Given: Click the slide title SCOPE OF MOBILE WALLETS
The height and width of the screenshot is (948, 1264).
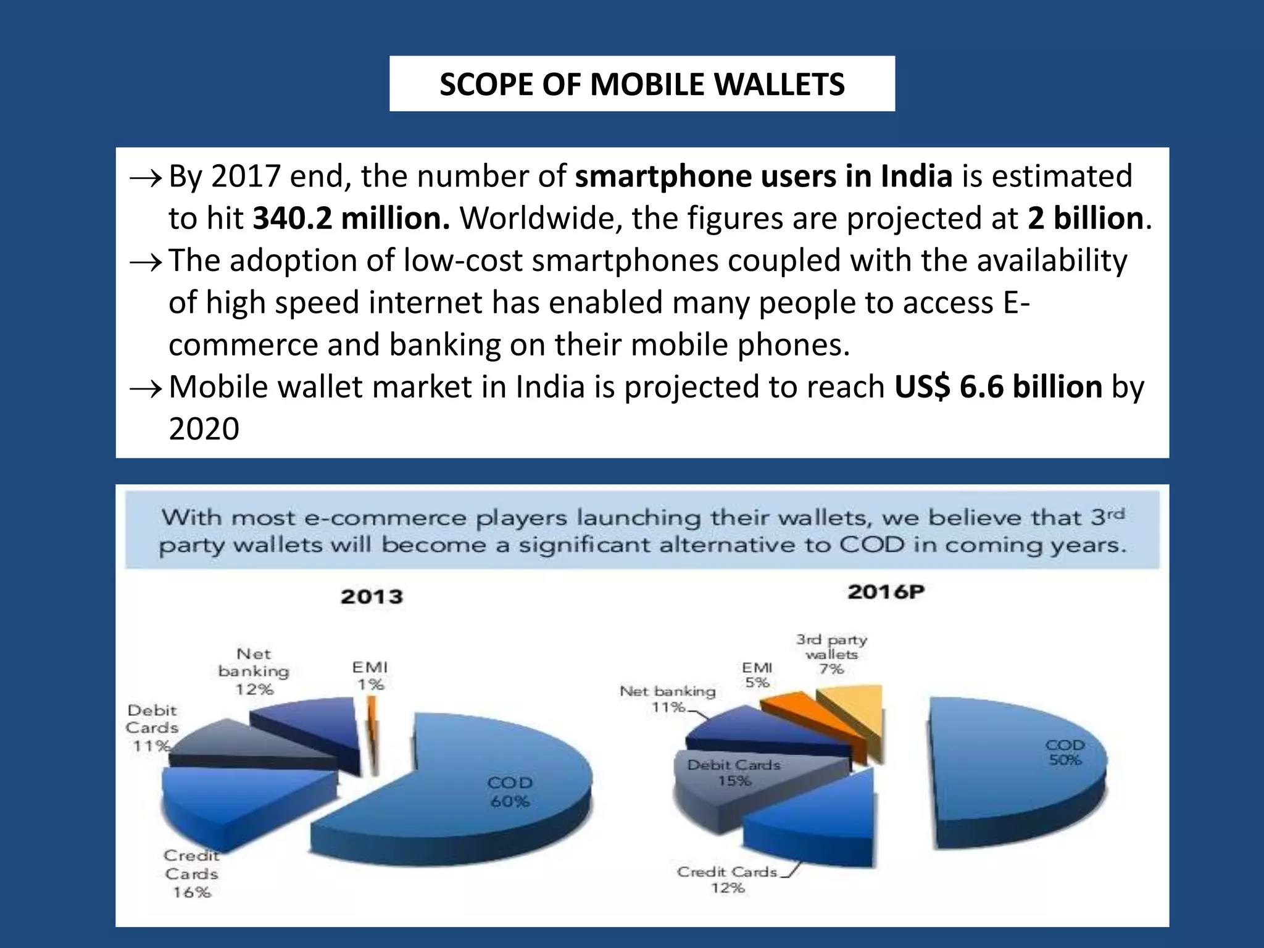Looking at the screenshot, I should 642,85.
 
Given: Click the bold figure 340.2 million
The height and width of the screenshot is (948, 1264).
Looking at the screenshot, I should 351,218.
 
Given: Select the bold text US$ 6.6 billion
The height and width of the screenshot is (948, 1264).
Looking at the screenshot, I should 998,387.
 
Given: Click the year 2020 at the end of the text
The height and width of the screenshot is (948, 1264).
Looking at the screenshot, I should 204,429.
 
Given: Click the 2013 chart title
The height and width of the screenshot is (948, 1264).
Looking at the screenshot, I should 372,597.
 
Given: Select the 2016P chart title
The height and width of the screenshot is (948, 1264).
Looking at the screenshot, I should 886,592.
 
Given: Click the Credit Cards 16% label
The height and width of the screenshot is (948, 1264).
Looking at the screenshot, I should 191,874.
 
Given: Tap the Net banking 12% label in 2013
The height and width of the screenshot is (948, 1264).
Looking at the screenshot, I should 253,671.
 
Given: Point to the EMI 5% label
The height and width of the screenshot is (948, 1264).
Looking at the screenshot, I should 757,675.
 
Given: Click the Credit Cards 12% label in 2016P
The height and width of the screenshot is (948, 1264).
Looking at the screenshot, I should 727,879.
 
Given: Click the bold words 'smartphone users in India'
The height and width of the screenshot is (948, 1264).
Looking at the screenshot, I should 763,177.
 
